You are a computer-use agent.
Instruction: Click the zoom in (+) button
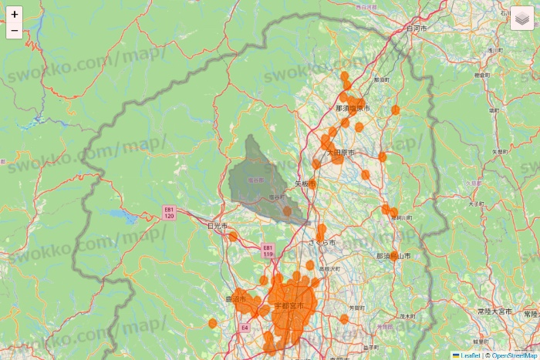15,14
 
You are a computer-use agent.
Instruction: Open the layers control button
521,18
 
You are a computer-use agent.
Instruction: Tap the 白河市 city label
417,28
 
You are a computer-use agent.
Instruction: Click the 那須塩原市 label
353,109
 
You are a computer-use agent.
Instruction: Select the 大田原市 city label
340,153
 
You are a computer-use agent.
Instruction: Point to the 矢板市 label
302,184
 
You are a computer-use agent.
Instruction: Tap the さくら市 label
322,242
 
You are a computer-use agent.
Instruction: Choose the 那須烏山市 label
393,256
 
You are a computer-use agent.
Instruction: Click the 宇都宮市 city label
289,306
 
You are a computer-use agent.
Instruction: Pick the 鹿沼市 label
235,298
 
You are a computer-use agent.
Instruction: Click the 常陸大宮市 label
494,311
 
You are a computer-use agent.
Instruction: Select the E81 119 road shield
268,250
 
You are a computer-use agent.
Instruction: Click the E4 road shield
244,328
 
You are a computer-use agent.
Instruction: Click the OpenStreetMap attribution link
513,355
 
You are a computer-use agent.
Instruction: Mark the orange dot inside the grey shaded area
287,210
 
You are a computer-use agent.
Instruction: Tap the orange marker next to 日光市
233,237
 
